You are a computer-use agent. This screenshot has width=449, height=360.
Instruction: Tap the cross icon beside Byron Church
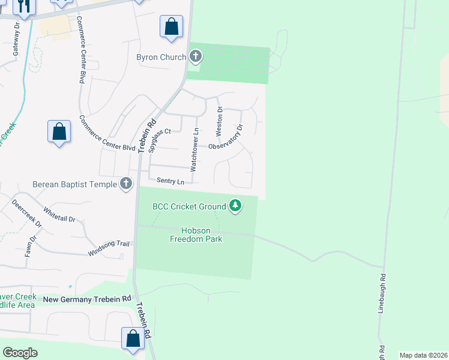(195, 58)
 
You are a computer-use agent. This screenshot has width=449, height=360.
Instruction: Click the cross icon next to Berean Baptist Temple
(125, 184)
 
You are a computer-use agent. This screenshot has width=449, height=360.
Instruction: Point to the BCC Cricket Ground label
(189, 206)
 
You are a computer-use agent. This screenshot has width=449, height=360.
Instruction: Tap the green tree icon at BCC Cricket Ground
(236, 206)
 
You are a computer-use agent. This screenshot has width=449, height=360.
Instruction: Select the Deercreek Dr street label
(28, 214)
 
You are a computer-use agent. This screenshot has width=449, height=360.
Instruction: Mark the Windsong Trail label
(109, 244)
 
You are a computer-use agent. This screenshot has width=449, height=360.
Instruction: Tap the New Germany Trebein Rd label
(86, 298)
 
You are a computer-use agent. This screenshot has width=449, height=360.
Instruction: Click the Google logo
(20, 353)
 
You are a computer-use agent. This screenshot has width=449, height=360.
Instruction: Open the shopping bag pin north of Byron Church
(171, 27)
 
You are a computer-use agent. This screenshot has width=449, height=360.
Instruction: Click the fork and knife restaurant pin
(23, 6)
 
